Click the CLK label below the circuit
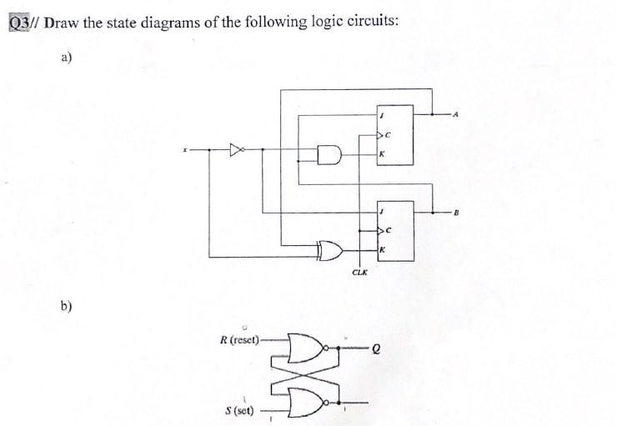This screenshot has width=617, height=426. (359, 272)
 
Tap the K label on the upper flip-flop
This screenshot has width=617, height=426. (381, 155)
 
